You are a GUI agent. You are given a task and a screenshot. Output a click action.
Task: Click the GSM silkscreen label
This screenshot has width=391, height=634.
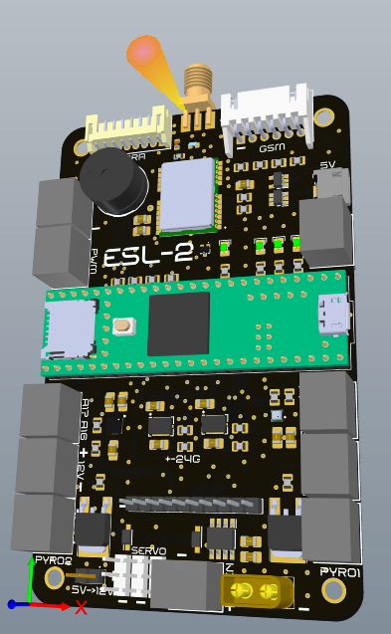272,148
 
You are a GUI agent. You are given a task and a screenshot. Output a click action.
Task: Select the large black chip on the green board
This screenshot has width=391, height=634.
178,323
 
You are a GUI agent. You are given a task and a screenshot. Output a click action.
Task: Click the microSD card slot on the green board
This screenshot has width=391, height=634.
68,329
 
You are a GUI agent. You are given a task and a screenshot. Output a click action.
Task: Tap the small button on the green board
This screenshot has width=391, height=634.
125,324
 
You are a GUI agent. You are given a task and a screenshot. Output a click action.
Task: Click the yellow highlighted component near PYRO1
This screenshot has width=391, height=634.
255,592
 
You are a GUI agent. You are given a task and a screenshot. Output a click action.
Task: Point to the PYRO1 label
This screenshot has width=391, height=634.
339,571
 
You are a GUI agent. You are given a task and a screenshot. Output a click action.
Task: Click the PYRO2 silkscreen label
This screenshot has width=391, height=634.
54,561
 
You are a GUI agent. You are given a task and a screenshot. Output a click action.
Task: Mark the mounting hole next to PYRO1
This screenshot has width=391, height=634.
333,591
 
